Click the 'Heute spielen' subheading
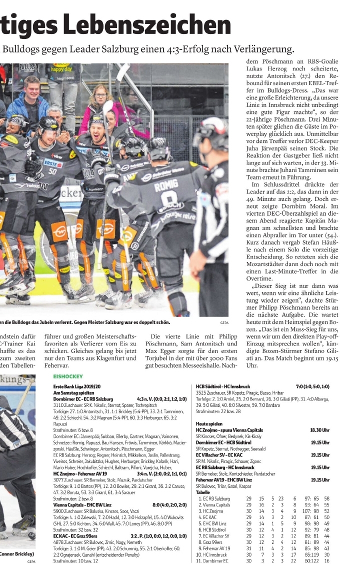point(209,423)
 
